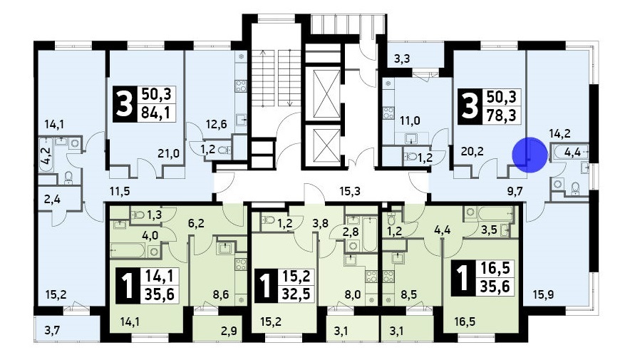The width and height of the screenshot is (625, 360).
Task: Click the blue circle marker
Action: tap(530, 155)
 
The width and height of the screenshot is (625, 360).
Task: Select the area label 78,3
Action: tap(502, 115)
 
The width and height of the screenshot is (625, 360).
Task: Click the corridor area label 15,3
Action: tap(350, 191)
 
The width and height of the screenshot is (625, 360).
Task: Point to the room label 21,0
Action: tap(168, 153)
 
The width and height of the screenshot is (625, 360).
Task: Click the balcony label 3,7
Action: tap(53, 329)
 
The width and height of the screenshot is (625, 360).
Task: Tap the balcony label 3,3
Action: tap(402, 59)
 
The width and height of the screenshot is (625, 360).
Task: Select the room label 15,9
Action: tap(544, 295)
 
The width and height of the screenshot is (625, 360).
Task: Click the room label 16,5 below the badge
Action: tap(465, 322)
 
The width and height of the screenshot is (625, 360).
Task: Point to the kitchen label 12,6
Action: tap(216, 124)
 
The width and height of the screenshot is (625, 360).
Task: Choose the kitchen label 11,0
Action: tap(410, 120)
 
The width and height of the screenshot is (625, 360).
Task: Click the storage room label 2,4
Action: tap(52, 199)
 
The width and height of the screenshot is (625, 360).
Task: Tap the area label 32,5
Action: tap(296, 294)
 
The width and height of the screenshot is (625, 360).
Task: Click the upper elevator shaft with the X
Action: tap(327, 94)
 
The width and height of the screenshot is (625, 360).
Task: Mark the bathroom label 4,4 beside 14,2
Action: tap(572, 152)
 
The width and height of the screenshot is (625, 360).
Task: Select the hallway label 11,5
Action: tap(120, 191)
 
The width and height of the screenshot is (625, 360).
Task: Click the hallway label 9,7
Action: tap(515, 191)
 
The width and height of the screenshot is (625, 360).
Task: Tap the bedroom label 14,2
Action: tap(559, 133)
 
